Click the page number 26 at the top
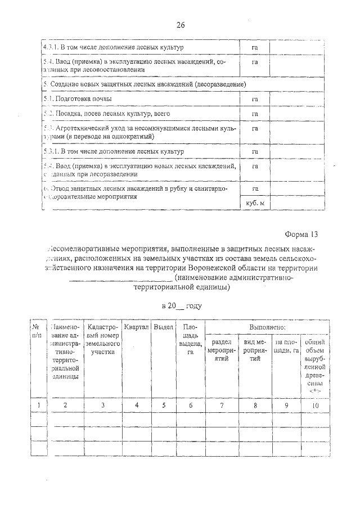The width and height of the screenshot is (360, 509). pyautogui.click(x=181, y=25)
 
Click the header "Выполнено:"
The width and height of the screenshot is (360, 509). pyautogui.click(x=267, y=327)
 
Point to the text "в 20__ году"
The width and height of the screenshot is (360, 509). pyautogui.click(x=181, y=307)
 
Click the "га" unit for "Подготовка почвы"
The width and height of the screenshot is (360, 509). pyautogui.click(x=255, y=99)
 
